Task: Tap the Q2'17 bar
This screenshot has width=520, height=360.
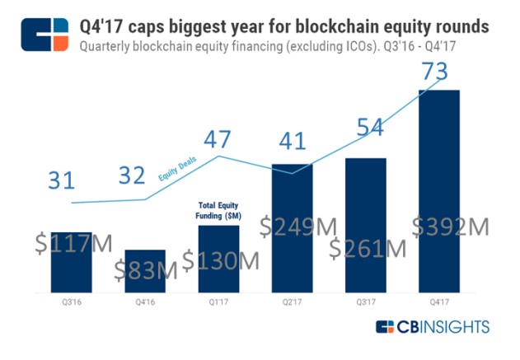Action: [292, 206]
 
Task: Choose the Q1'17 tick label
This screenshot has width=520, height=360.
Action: [218, 302]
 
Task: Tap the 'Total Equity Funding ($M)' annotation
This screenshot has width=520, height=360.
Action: [218, 209]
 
